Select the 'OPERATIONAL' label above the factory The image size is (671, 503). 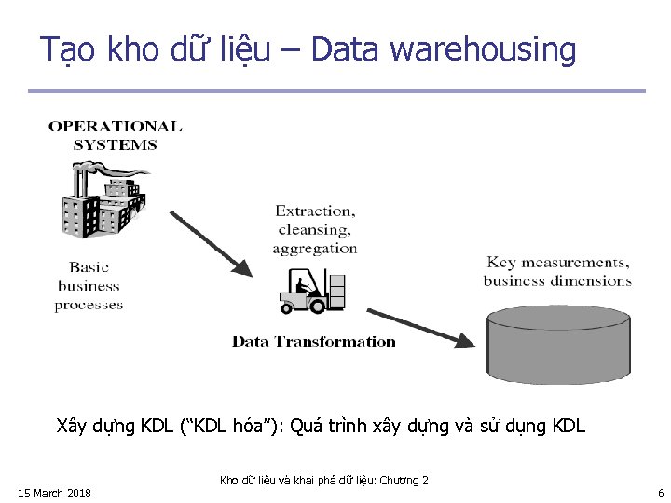point(116,127)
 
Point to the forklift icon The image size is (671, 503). point(312,292)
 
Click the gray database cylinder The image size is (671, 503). point(558,343)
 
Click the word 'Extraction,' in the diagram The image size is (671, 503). point(315,211)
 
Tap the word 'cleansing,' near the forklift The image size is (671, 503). point(315,230)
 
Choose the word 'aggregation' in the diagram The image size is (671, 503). point(315,249)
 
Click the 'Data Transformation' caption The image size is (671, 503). point(314,342)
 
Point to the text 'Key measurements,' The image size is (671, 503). point(557,263)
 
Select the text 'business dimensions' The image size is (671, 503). point(557,281)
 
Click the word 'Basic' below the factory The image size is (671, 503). point(89,267)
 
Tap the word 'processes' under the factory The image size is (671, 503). point(89,305)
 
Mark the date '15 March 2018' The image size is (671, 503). point(54,493)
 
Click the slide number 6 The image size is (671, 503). point(660,493)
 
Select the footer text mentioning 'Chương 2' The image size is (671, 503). point(323,481)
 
